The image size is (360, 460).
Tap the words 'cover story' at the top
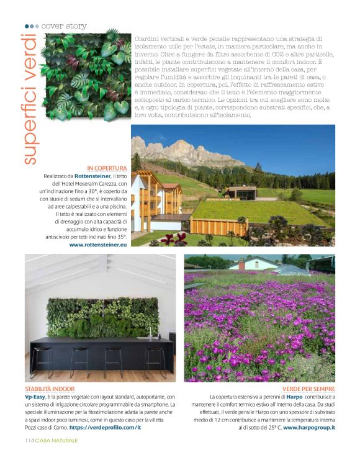point(65,26)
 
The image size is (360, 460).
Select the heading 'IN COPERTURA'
point(107,168)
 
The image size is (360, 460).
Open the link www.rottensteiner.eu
point(98,245)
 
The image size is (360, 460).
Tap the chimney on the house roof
point(241,263)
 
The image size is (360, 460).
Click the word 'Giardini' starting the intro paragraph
point(145,38)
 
